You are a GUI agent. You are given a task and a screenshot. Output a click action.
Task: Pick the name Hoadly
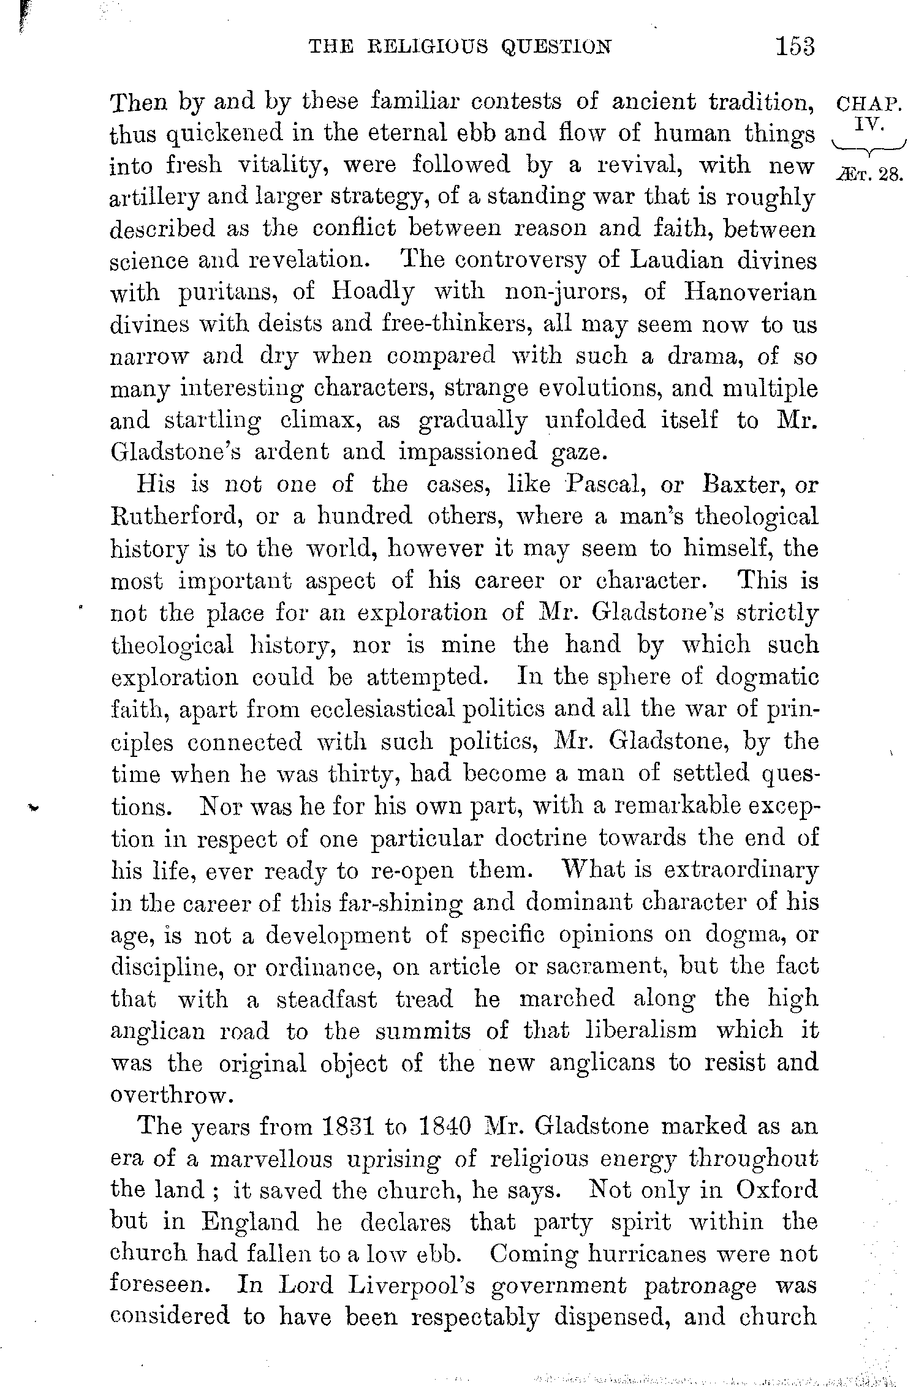click(372, 293)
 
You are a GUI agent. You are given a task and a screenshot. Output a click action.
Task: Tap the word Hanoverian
click(750, 293)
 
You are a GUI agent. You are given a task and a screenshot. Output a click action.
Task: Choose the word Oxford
click(776, 1190)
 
